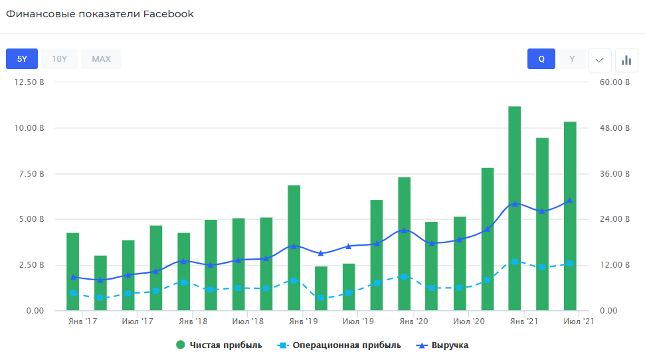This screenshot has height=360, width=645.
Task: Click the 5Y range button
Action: click(22, 59)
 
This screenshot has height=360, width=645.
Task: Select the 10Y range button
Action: click(60, 59)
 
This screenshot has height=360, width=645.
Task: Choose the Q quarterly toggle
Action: click(541, 59)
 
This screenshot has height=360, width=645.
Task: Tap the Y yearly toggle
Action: click(572, 59)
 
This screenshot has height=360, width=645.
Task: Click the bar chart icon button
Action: click(626, 60)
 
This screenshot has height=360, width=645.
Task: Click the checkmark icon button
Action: click(600, 60)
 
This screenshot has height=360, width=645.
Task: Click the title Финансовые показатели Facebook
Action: click(100, 14)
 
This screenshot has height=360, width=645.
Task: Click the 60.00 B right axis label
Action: click(614, 82)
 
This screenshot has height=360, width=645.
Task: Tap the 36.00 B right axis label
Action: click(614, 174)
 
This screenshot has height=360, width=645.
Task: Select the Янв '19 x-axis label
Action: click(301, 321)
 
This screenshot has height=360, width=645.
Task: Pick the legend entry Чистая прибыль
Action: click(219, 345)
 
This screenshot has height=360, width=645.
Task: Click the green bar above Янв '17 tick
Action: click(73, 272)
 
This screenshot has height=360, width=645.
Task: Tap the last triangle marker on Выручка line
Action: click(569, 200)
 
